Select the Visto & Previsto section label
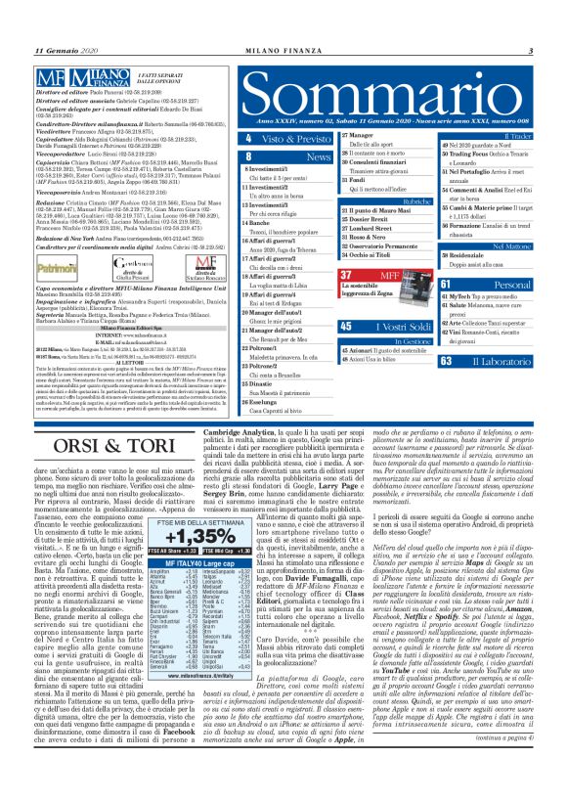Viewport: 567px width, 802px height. pos(302,140)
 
